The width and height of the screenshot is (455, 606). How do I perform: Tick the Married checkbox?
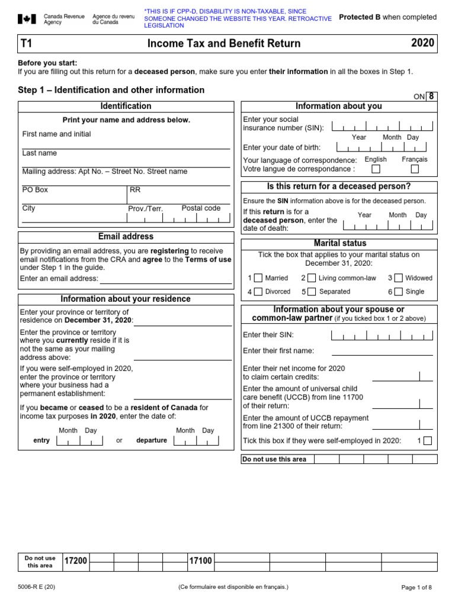pyautogui.click(x=258, y=278)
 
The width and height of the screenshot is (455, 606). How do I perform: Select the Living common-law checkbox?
pyautogui.click(x=311, y=278)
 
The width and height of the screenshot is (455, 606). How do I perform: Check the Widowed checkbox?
pyautogui.click(x=398, y=278)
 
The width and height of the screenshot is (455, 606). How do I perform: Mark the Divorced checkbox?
pyautogui.click(x=258, y=291)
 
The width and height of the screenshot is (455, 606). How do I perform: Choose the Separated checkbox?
pyautogui.click(x=311, y=291)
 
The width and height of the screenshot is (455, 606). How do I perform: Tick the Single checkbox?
pyautogui.click(x=398, y=291)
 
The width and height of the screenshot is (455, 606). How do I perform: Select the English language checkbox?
pyautogui.click(x=376, y=169)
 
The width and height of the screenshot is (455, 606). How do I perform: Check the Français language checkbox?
pyautogui.click(x=414, y=169)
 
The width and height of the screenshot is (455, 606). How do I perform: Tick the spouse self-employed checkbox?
pyautogui.click(x=428, y=440)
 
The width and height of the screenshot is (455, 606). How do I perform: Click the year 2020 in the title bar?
pyautogui.click(x=422, y=43)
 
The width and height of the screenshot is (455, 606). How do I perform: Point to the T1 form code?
pyautogui.click(x=26, y=43)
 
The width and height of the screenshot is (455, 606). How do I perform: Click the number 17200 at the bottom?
pyautogui.click(x=76, y=561)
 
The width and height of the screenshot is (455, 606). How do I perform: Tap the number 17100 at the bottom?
pyautogui.click(x=200, y=561)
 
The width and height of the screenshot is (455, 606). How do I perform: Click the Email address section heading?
pyautogui.click(x=126, y=236)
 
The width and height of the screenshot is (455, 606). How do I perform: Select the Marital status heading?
pyautogui.click(x=339, y=243)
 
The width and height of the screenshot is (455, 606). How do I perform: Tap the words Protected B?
pyautogui.click(x=360, y=17)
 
